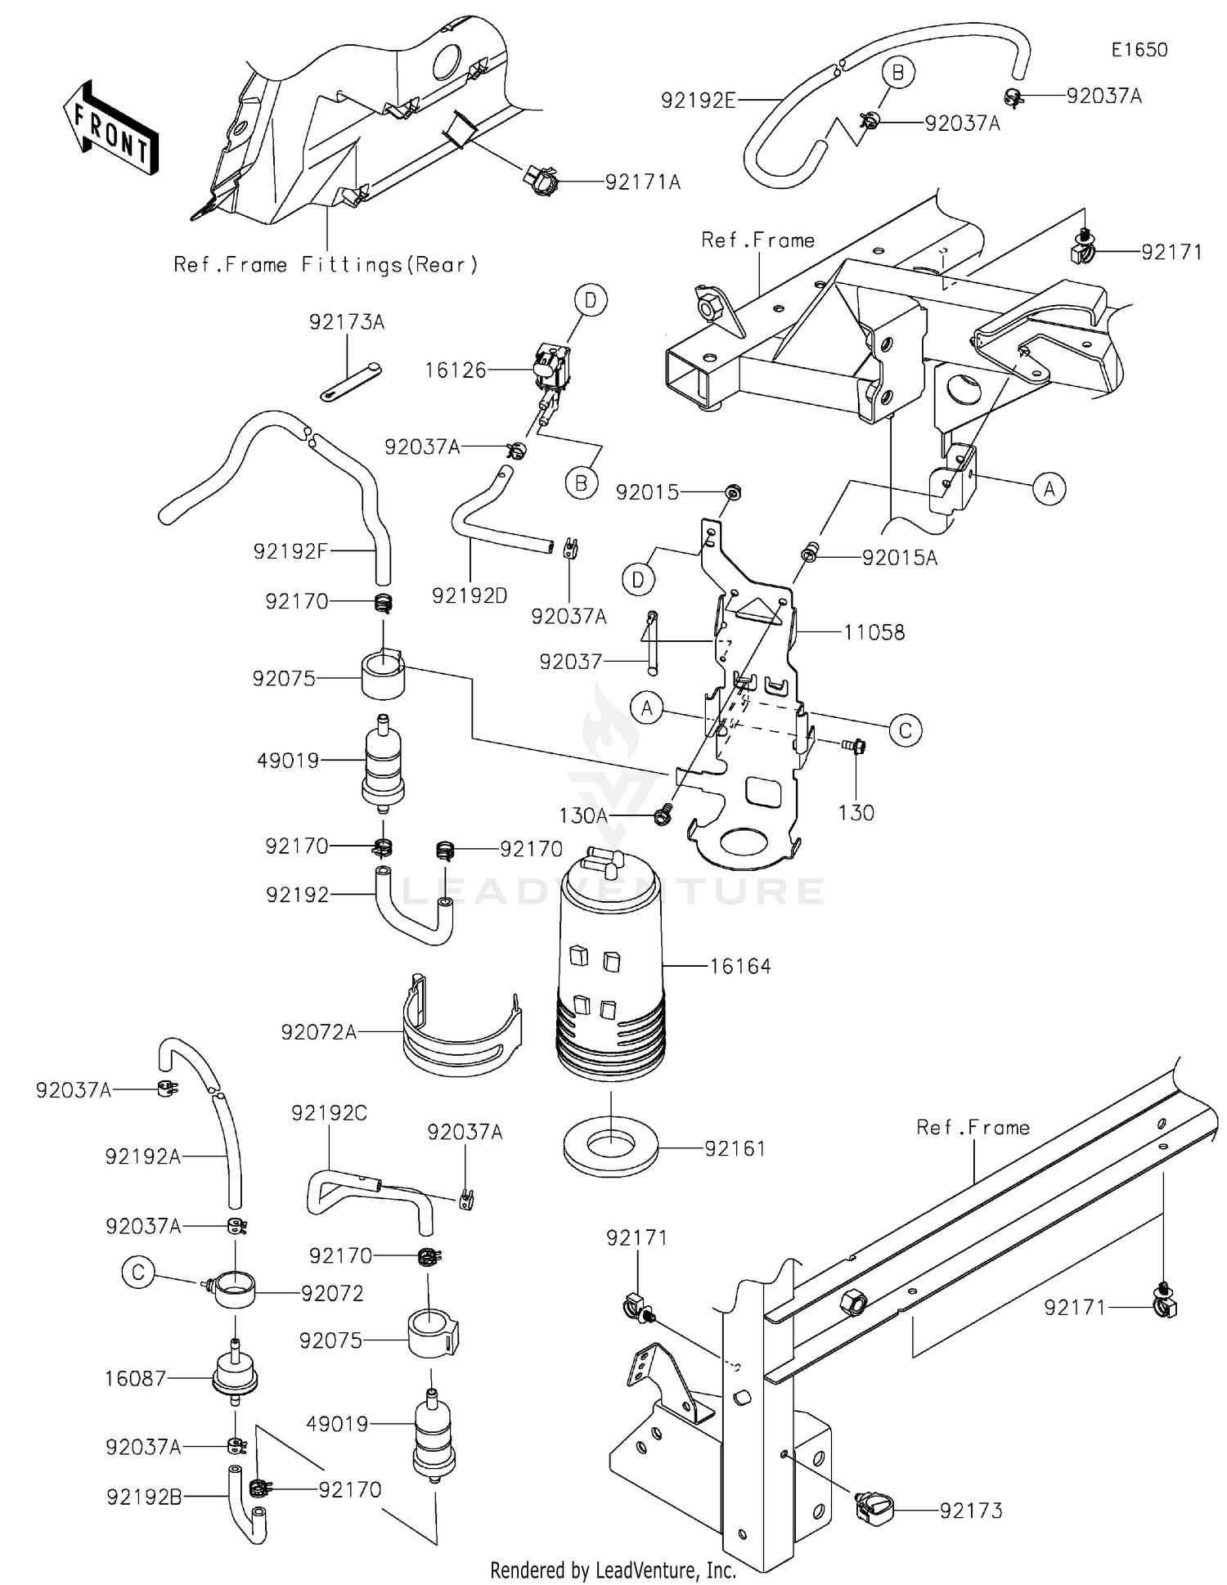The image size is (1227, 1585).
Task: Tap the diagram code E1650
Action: (1139, 50)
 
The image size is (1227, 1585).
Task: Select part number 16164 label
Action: (739, 966)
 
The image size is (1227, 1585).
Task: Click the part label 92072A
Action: (318, 1032)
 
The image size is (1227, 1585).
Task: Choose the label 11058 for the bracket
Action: (874, 632)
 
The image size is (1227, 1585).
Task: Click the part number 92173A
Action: (347, 322)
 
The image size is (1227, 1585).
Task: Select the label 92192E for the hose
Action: (698, 101)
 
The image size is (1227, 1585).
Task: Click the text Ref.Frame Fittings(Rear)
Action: (326, 265)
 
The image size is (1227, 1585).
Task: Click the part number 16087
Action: (135, 1378)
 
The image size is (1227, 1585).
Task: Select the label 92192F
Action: (290, 551)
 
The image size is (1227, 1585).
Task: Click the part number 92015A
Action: (900, 558)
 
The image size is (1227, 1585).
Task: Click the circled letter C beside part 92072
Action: (137, 1273)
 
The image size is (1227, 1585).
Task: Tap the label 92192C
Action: (329, 1112)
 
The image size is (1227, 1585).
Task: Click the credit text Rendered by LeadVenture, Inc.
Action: (613, 1569)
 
